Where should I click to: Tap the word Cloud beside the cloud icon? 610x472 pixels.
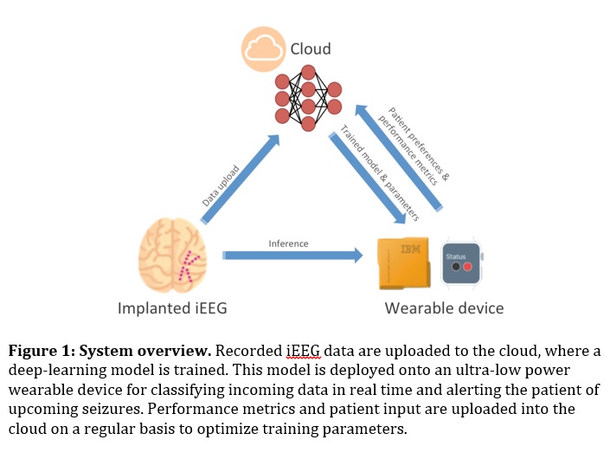(310, 49)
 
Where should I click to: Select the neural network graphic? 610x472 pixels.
(307, 97)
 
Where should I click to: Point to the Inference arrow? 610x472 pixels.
(292, 255)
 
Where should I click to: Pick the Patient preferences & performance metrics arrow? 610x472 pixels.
(402, 156)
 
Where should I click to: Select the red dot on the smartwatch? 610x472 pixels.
(467, 268)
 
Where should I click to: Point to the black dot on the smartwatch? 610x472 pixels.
(453, 268)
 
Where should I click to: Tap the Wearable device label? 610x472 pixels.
(444, 308)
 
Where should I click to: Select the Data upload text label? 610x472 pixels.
(222, 185)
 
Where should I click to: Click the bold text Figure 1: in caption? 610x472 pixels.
(42, 352)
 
